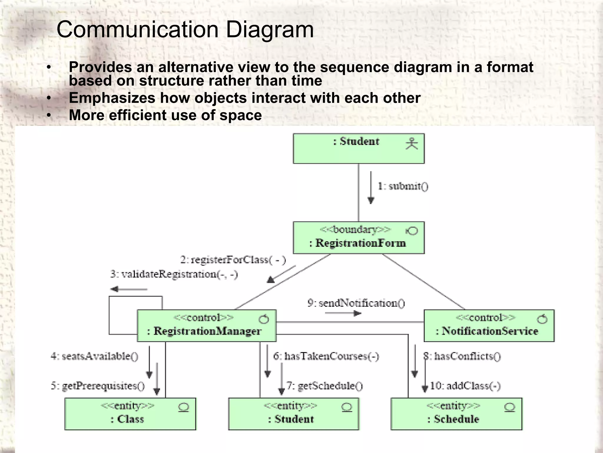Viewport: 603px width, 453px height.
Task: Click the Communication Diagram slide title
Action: [x=185, y=29]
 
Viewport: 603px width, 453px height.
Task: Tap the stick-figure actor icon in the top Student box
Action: [x=412, y=144]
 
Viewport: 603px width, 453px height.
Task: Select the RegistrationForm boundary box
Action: [x=359, y=238]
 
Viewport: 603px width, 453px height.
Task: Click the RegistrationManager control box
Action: [x=206, y=326]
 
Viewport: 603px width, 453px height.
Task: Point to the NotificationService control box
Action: [x=489, y=326]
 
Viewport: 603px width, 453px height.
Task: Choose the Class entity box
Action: [x=130, y=414]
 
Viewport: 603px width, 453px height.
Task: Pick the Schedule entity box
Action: [x=456, y=414]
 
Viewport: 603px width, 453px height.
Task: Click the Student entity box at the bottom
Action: [x=294, y=414]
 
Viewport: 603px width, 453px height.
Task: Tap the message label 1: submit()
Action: [x=403, y=186]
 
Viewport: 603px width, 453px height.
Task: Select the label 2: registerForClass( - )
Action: [x=233, y=260]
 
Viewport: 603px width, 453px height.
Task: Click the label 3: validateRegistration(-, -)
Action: [x=174, y=274]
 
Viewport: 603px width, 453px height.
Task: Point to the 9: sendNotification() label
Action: [x=356, y=303]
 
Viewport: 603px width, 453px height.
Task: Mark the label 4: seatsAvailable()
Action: [x=95, y=356]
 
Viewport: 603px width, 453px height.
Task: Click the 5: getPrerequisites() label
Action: [x=98, y=386]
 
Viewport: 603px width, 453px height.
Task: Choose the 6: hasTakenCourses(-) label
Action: [x=326, y=356]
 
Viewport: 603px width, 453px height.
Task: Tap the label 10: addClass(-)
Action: [x=465, y=386]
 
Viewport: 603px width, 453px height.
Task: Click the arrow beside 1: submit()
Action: [x=371, y=188]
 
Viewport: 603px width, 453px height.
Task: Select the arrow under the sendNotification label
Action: [x=343, y=313]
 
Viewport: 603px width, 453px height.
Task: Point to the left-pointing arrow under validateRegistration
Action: [x=129, y=289]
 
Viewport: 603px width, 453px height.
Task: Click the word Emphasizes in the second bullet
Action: [x=112, y=98]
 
